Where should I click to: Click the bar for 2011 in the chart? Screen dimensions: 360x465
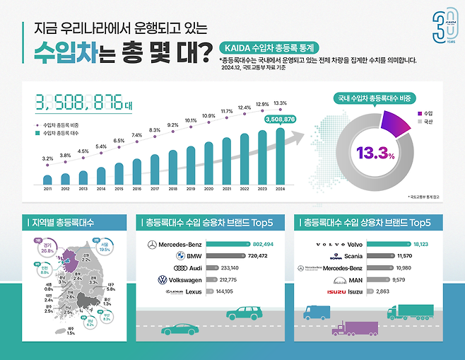tap(47, 179)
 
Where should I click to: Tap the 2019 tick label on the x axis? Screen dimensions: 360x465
tap(191, 189)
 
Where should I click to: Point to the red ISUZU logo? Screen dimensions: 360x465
tap(336, 291)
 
